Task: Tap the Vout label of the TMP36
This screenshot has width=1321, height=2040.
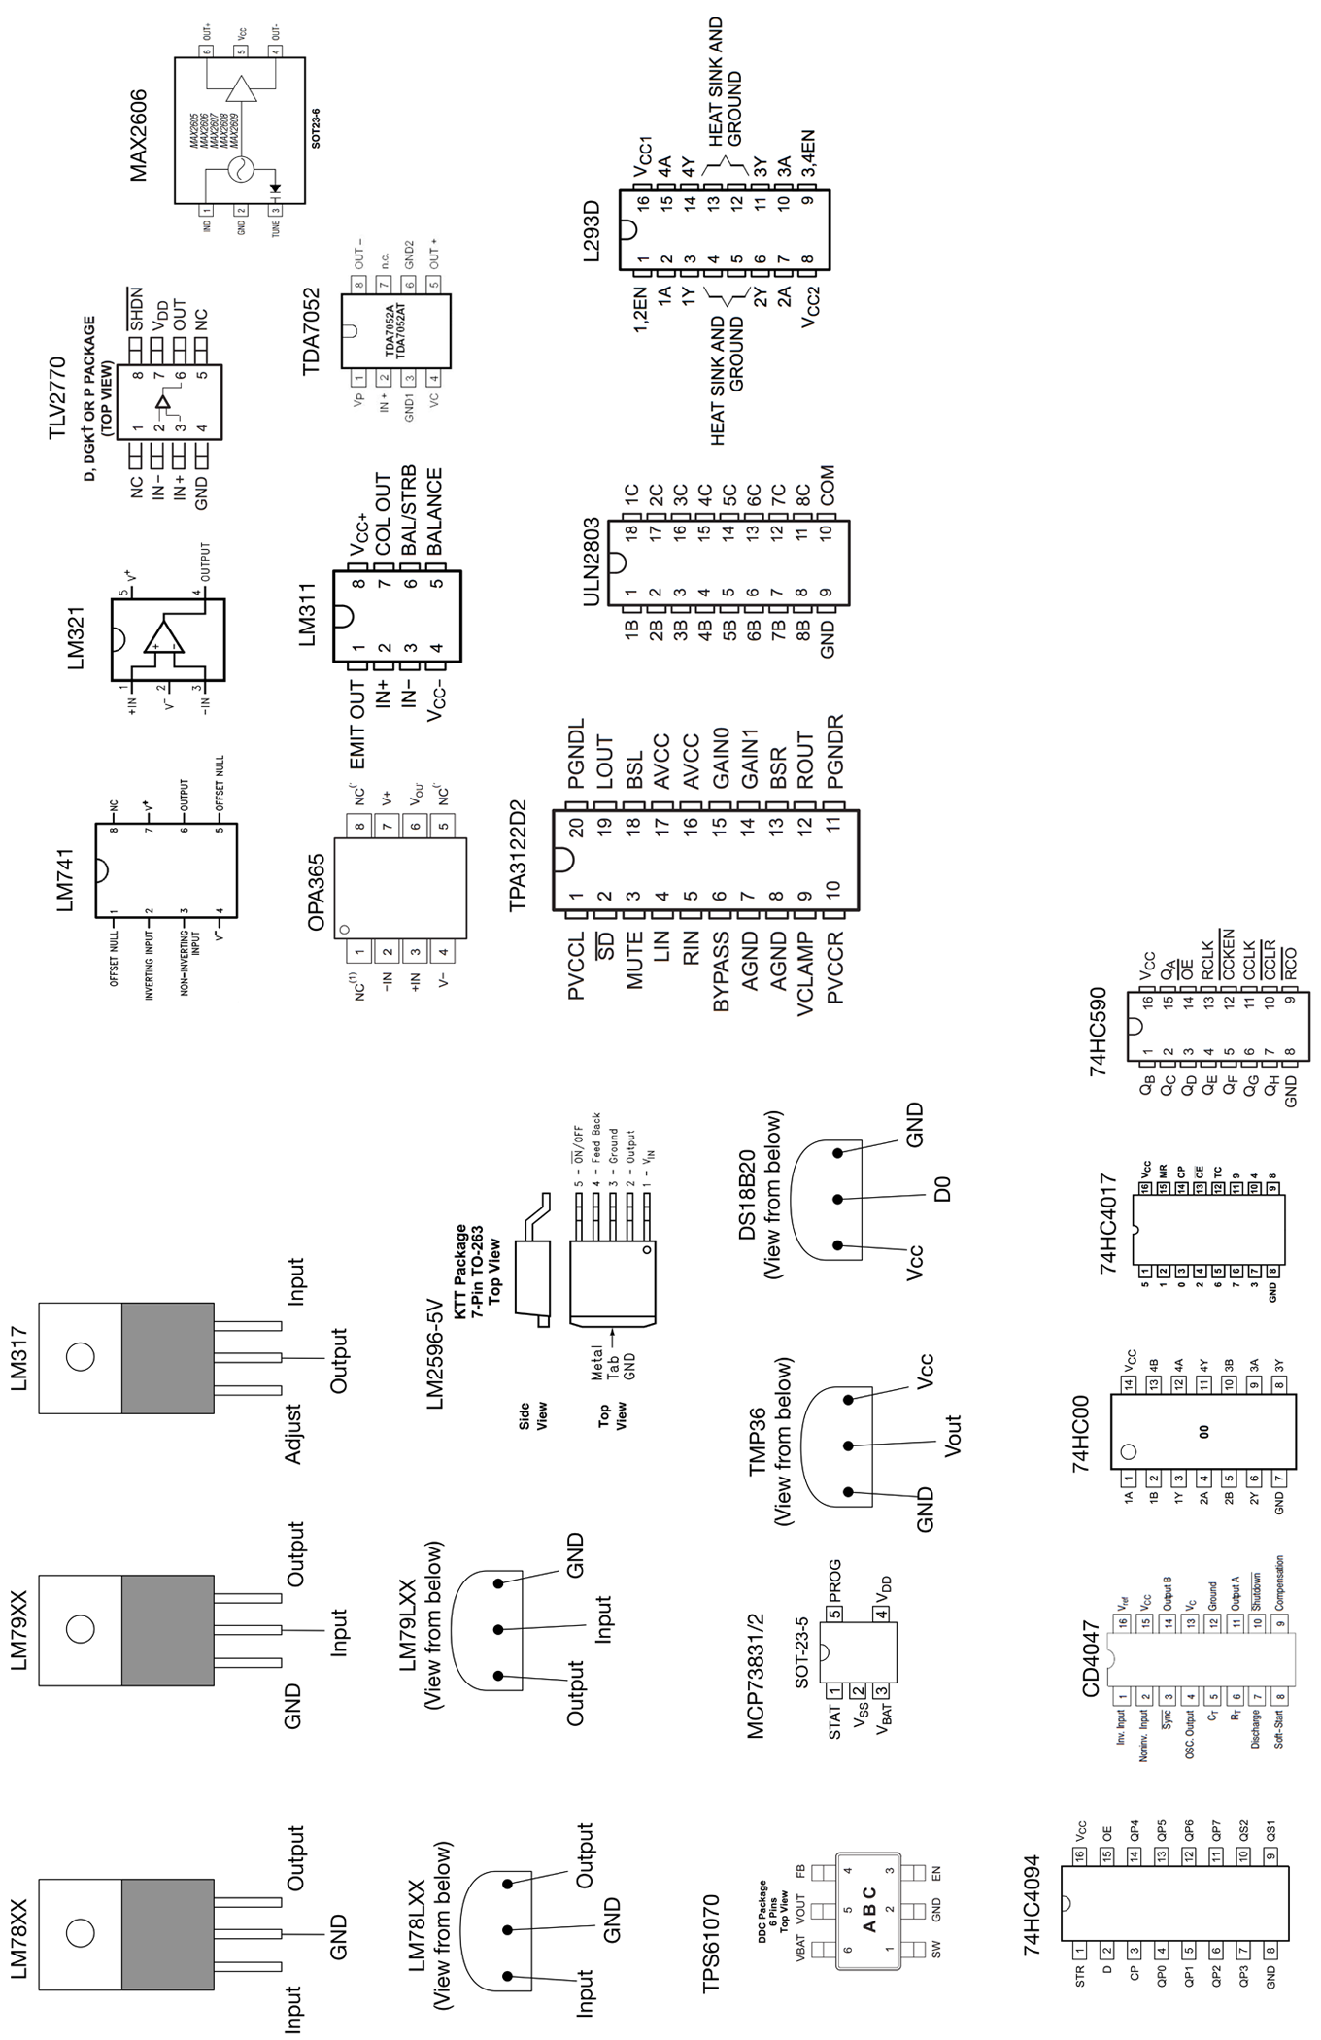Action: [952, 1435]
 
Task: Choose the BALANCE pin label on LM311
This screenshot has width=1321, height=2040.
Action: [434, 512]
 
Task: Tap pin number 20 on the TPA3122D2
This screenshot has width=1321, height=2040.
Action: [577, 829]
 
